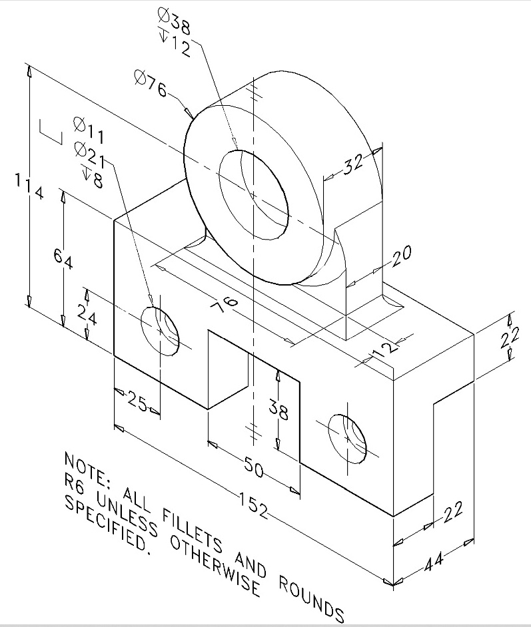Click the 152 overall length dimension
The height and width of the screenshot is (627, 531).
tap(253, 505)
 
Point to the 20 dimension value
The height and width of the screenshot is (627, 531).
tap(402, 256)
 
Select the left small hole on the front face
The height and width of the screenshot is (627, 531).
tap(160, 331)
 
